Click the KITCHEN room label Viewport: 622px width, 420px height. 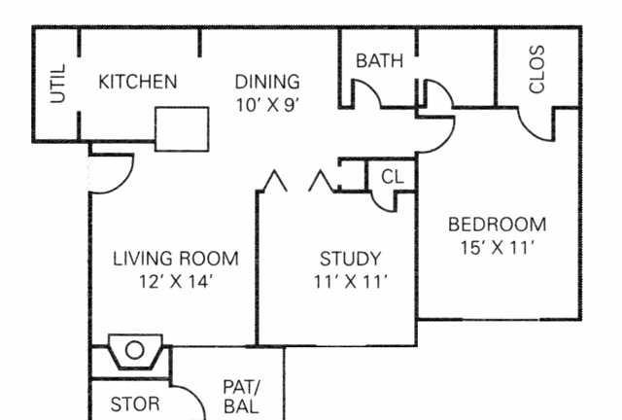(x=138, y=82)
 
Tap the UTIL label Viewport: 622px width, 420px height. (x=58, y=84)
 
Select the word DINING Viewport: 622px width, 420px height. (x=267, y=82)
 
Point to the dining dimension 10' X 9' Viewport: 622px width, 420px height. (x=267, y=105)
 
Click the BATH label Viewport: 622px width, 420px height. (x=380, y=60)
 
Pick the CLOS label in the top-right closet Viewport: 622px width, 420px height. (x=537, y=69)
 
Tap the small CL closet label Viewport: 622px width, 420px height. (x=393, y=177)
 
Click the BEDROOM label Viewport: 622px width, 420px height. (x=497, y=225)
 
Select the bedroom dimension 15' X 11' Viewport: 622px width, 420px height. (x=498, y=248)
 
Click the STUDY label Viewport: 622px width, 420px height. (x=350, y=259)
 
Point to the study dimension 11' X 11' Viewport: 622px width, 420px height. (x=350, y=282)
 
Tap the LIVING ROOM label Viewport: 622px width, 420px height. (x=176, y=259)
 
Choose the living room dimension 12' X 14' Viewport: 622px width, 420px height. (x=176, y=282)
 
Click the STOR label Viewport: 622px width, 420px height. (x=135, y=404)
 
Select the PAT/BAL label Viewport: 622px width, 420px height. (x=241, y=397)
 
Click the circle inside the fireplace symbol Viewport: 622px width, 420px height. (x=134, y=351)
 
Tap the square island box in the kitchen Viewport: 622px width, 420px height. (x=182, y=129)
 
